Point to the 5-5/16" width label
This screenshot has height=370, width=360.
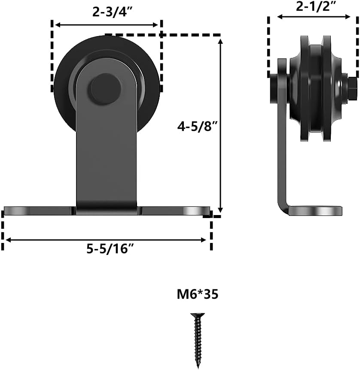(x=107, y=249)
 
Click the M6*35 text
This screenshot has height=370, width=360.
(x=197, y=295)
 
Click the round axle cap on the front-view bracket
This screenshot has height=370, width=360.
(x=105, y=89)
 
